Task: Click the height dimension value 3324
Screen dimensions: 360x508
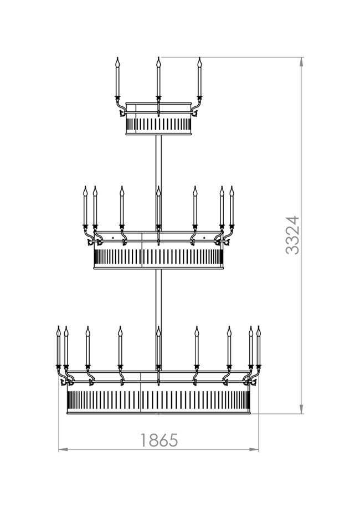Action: [x=292, y=235]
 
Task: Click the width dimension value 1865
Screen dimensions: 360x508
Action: [x=159, y=440]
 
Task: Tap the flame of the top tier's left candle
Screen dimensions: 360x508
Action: [x=117, y=61]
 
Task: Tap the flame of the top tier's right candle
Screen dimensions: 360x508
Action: [x=199, y=61]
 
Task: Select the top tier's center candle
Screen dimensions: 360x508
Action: [x=158, y=79]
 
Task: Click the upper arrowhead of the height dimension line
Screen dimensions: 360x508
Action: [x=302, y=61]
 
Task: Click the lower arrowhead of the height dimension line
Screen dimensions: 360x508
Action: [x=302, y=409]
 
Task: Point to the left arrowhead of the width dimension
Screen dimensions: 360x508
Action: [x=63, y=449]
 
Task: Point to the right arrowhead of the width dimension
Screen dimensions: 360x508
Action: [x=254, y=449]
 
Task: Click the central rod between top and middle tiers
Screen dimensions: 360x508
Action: [x=159, y=160]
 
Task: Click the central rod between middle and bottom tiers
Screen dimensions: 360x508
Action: [x=159, y=298]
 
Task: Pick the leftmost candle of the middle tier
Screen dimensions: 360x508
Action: [x=85, y=207]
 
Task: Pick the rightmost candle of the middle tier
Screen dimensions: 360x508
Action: [x=232, y=207]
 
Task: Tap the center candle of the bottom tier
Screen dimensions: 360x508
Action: [x=158, y=348]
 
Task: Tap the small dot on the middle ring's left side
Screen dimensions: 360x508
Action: [x=113, y=238]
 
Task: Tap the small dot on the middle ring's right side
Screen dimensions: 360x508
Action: [x=204, y=238]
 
